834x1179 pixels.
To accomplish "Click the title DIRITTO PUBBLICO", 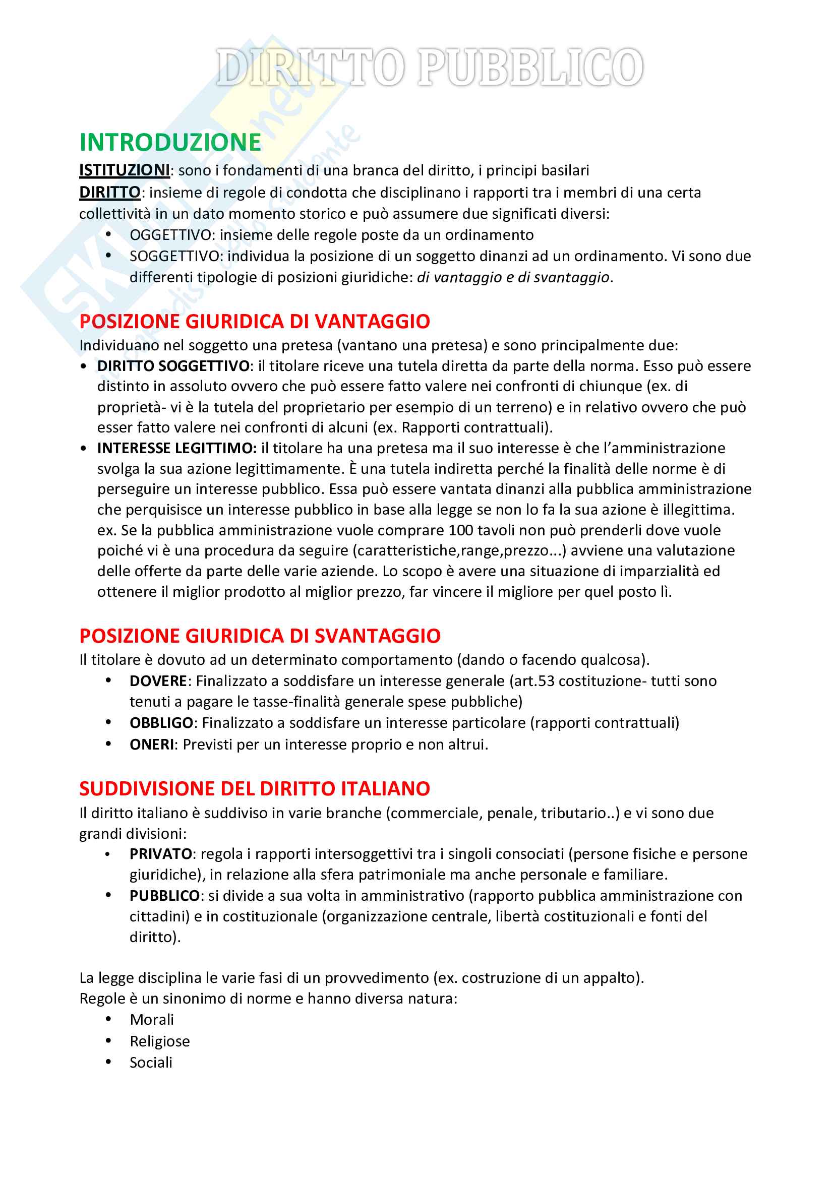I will coord(429,67).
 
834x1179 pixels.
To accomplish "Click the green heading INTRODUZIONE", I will coord(170,142).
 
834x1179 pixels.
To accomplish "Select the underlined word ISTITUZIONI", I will coord(124,170).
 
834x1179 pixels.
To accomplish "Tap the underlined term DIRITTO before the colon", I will coord(109,192).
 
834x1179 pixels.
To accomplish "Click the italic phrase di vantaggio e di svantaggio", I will coord(512,277).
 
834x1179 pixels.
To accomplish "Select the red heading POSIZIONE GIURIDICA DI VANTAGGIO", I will coord(254,322).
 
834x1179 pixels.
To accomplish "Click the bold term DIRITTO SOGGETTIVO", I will coord(173,365).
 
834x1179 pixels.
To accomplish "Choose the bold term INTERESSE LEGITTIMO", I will coord(176,448).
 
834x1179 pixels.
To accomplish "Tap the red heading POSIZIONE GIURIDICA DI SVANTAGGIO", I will coord(260,636).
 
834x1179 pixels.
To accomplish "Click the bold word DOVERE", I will coord(158,681).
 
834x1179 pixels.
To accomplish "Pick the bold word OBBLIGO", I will coord(161,722).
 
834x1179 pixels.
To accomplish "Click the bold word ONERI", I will coord(151,744).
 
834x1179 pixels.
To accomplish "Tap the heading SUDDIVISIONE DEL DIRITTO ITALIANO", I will coord(254,789).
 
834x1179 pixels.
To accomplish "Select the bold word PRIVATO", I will coord(161,853).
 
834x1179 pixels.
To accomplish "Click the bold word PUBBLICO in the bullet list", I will coord(164,896).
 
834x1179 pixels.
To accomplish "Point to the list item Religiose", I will coord(159,1041).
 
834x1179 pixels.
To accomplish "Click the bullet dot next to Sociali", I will coord(108,1062).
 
